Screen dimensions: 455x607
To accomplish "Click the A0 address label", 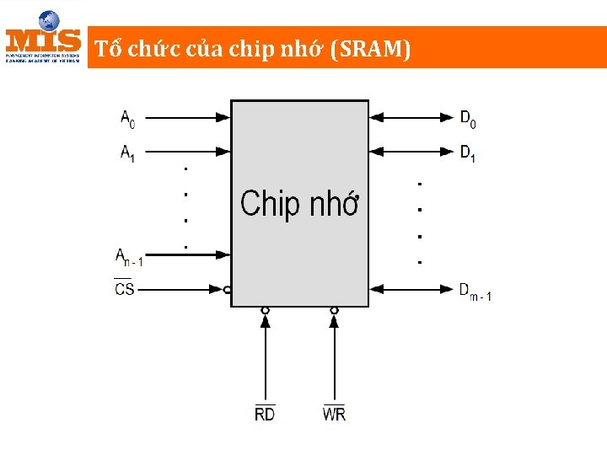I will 127,119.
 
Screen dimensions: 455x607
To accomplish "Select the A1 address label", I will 127,153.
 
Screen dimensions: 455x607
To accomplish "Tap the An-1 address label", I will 129,257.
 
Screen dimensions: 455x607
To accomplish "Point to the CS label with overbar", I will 124,288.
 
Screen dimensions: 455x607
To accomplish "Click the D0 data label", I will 468,119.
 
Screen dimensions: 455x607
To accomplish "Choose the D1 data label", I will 468,153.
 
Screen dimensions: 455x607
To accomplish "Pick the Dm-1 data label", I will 475,292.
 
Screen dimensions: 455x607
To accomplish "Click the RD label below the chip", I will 265,414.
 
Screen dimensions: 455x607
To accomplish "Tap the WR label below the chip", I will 334,414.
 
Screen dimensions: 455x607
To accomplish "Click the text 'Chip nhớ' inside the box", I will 300,204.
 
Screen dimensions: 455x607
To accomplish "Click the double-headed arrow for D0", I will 411,117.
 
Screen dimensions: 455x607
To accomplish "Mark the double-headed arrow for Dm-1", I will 411,288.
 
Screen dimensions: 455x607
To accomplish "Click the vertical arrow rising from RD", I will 265,354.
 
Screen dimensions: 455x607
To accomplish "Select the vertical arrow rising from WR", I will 334,354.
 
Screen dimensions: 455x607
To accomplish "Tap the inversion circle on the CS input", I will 228,289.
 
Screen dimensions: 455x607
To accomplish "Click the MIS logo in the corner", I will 44,38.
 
